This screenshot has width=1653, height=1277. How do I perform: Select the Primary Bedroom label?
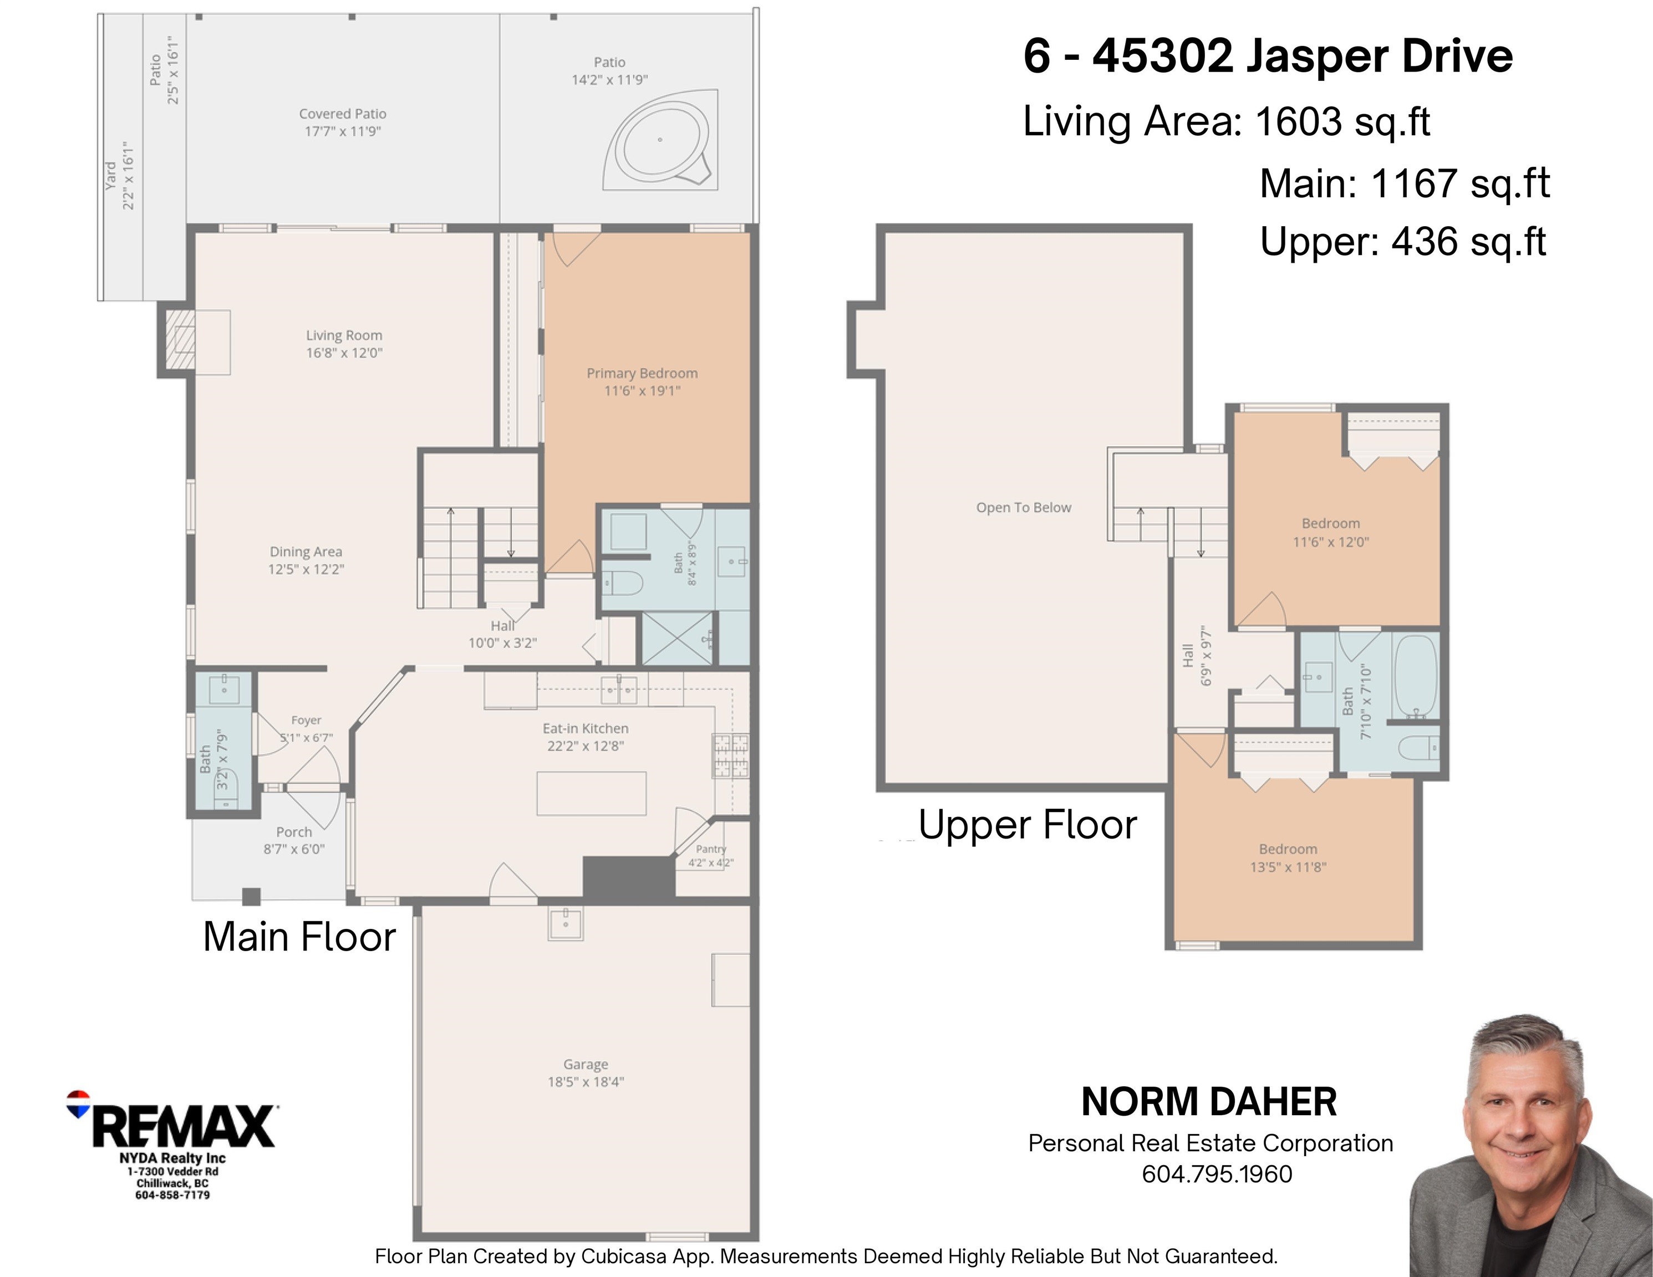click(x=642, y=373)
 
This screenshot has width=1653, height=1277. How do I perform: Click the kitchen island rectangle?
click(x=591, y=794)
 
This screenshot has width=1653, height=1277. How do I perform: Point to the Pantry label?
click(x=711, y=849)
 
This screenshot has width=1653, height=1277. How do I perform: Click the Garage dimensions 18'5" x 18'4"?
click(x=586, y=1082)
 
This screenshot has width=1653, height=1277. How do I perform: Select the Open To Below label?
click(x=1023, y=508)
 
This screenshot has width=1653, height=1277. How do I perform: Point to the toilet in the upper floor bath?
click(x=1417, y=748)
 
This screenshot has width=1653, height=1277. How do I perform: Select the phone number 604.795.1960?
click(x=1217, y=1174)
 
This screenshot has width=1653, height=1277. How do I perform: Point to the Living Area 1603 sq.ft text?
click(x=1226, y=121)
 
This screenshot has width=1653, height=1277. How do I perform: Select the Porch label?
click(x=294, y=832)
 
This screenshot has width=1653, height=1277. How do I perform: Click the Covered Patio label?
click(x=342, y=114)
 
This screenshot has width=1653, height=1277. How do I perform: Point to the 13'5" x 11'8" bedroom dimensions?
click(x=1288, y=867)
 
